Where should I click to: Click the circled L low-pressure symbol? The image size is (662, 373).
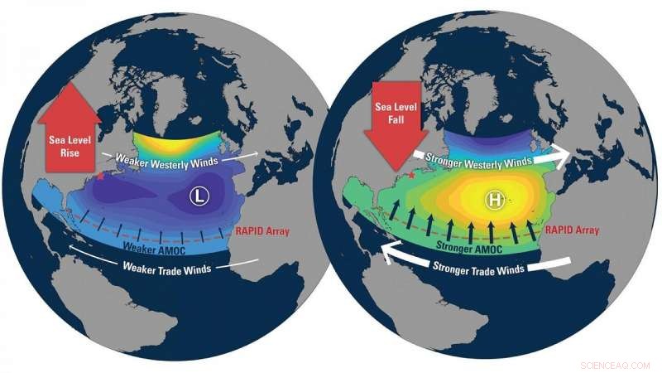coord(198,196)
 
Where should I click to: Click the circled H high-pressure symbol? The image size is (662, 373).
coord(496,199)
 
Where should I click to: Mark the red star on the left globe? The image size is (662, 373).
coord(101,176)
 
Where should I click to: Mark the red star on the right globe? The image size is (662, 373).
coord(411,176)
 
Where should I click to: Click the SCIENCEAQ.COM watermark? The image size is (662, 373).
coord(621,363)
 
